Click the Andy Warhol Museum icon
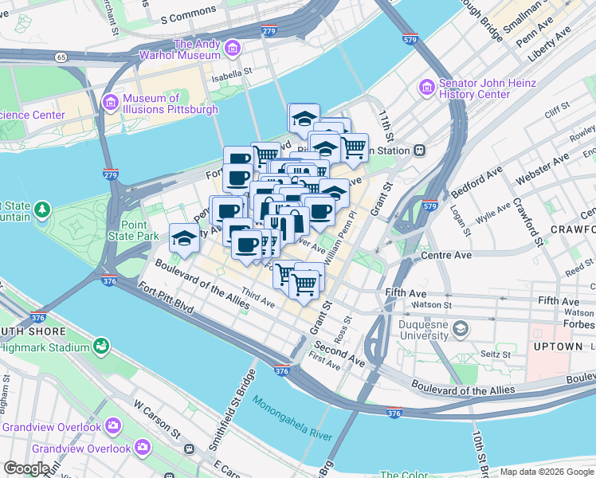point(233,49)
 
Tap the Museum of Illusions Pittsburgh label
point(170,104)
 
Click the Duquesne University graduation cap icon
point(460,327)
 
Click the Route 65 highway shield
point(61,57)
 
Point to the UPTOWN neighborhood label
point(559,347)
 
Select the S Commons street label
point(188,13)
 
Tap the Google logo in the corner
point(27,468)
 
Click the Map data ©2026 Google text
point(547,472)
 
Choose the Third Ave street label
point(257,298)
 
